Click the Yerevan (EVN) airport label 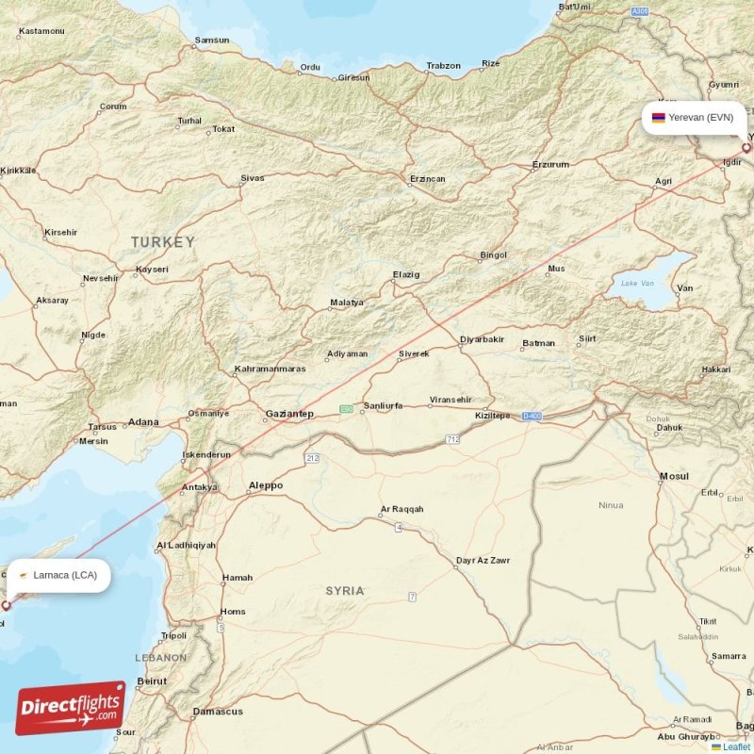(x=700, y=118)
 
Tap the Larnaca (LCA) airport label (x=64, y=575)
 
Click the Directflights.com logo (x=71, y=708)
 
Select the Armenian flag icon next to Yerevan (x=658, y=118)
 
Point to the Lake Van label (x=636, y=283)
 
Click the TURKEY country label (x=162, y=242)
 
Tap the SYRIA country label (x=344, y=591)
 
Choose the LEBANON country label (x=160, y=657)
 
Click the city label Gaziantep (x=289, y=414)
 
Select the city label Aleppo (x=265, y=485)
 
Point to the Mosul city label (x=675, y=477)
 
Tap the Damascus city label (x=218, y=712)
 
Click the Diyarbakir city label (x=482, y=339)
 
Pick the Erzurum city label (x=550, y=165)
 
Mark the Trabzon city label (x=443, y=66)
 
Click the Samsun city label (x=211, y=41)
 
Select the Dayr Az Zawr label (x=483, y=561)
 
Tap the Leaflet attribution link (x=737, y=747)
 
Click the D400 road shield (x=533, y=416)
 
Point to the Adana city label (x=143, y=422)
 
